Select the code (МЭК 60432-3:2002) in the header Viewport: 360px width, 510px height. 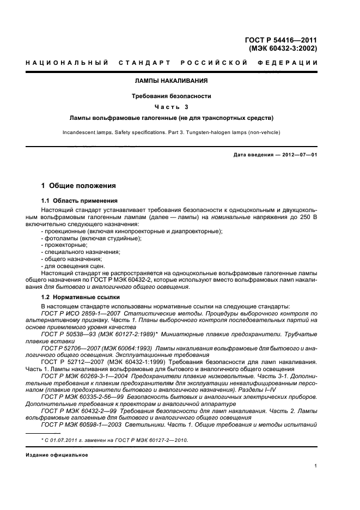click(x=283, y=48)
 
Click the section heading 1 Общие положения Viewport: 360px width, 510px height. click(x=78, y=186)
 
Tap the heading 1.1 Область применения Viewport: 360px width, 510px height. click(x=76, y=201)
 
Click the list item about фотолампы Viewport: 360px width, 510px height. click(x=84, y=238)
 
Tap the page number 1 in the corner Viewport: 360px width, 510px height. click(x=316, y=466)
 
